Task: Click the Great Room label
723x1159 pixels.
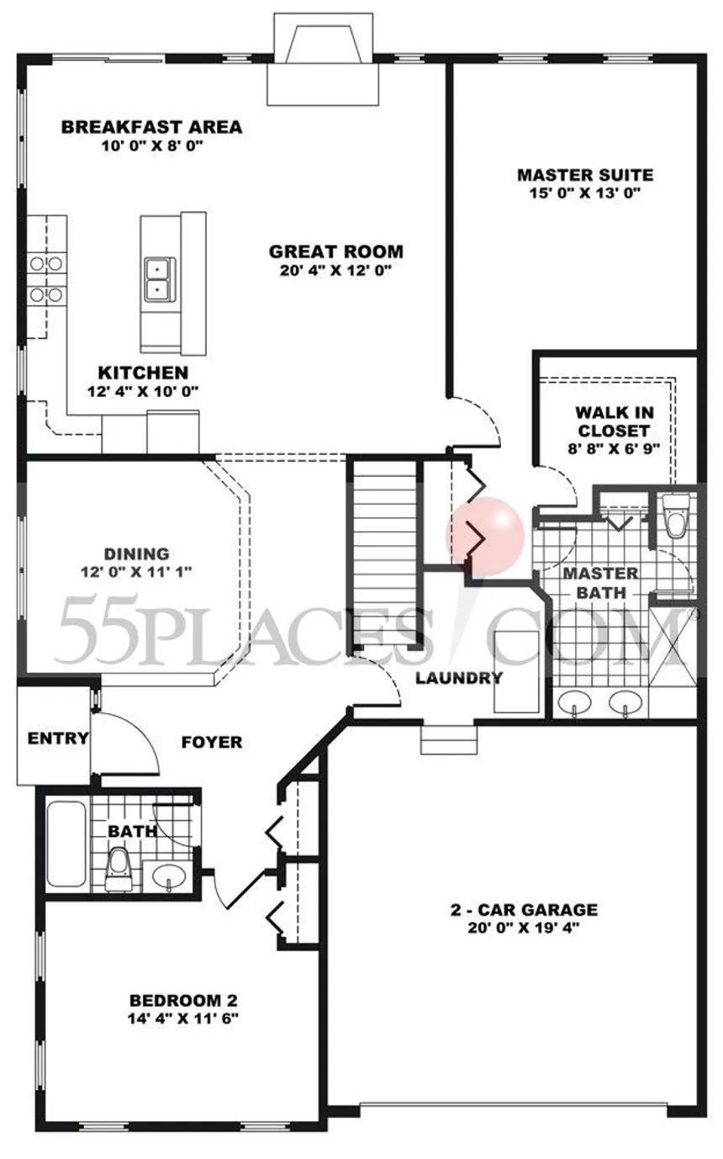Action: [336, 252]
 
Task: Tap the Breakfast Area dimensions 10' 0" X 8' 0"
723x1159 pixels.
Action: [151, 146]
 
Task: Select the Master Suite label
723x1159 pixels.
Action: [585, 175]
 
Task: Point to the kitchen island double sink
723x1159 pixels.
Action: [160, 279]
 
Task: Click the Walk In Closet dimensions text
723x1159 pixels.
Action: [614, 448]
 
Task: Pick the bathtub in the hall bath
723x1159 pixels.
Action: [66, 844]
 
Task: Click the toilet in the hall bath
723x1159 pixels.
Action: [119, 870]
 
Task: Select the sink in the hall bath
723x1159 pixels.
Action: [169, 876]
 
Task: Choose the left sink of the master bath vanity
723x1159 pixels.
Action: [574, 703]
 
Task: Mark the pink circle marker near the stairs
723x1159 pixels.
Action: [485, 536]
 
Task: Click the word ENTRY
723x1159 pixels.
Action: [58, 738]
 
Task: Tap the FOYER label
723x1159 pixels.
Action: [212, 743]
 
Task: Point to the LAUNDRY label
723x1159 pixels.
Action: [459, 678]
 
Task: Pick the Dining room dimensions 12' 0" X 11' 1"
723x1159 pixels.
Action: [136, 572]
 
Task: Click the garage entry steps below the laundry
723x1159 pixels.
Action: [448, 740]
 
